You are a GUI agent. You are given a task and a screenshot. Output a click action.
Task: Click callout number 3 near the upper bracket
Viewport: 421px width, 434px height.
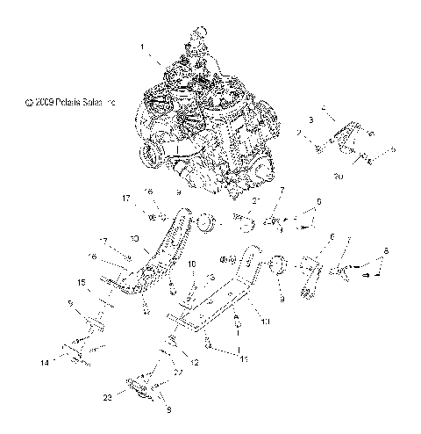[x=310, y=119]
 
